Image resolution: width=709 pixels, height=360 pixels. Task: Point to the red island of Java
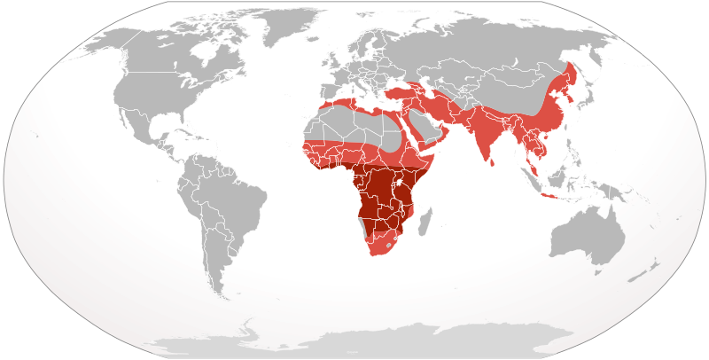tap(551, 196)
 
